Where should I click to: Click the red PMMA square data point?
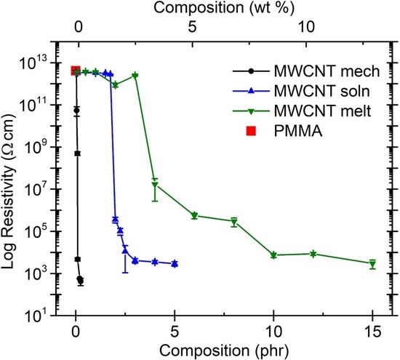click(x=76, y=71)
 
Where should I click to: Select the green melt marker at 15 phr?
click(x=372, y=264)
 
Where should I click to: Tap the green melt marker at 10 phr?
click(x=273, y=255)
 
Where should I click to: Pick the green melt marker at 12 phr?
click(x=313, y=254)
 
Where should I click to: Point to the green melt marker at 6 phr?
click(x=194, y=215)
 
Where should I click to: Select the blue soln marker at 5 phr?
click(x=175, y=263)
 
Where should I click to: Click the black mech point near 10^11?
click(x=76, y=111)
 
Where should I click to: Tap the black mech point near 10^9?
click(x=77, y=153)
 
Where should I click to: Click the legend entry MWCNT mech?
click(x=306, y=71)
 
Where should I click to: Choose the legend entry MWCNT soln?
click(x=301, y=91)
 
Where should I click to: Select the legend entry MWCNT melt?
click(x=302, y=111)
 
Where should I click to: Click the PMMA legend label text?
click(x=298, y=132)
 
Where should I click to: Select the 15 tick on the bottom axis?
click(x=372, y=332)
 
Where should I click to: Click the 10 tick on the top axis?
click(x=306, y=27)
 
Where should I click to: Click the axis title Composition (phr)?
click(x=224, y=351)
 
